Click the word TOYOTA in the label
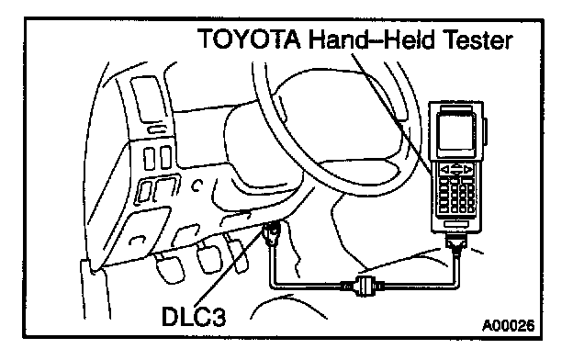click(250, 39)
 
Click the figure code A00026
click(508, 325)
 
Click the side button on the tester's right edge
click(485, 131)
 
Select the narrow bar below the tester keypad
click(456, 224)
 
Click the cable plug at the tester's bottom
click(455, 242)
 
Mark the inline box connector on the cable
click(362, 285)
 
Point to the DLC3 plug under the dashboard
click(272, 233)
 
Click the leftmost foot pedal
click(171, 269)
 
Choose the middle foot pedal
click(209, 260)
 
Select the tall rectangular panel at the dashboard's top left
click(145, 98)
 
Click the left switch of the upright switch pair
click(149, 158)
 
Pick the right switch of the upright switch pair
click(165, 158)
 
